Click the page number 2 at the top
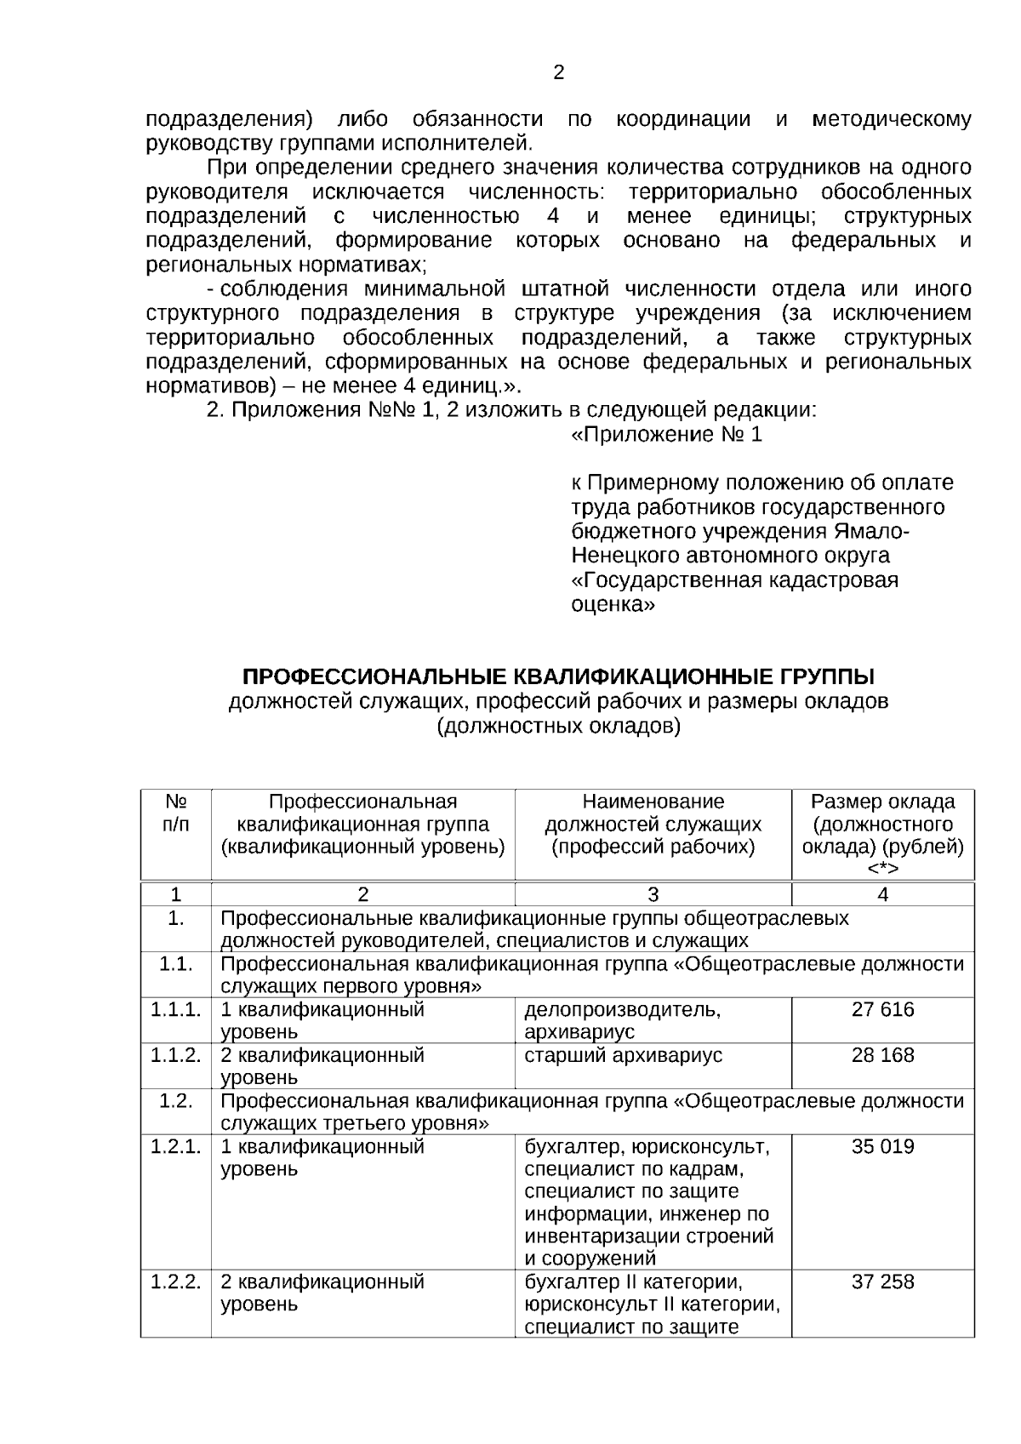click(x=558, y=73)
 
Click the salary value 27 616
click(x=882, y=1009)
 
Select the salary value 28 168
click(x=882, y=1055)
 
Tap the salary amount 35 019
click(x=882, y=1146)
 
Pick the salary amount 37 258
click(x=882, y=1281)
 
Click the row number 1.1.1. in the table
click(x=175, y=1009)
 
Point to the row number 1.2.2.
click(x=175, y=1281)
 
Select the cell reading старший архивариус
click(x=623, y=1055)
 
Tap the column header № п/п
click(x=175, y=813)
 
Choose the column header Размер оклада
click(x=882, y=802)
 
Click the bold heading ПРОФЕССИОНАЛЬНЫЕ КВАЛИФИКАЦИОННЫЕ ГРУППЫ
click(x=558, y=677)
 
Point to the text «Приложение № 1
click(x=666, y=435)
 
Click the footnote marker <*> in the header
click(x=882, y=869)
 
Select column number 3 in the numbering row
click(x=653, y=894)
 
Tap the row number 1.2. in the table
click(x=175, y=1100)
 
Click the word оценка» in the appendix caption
click(x=612, y=605)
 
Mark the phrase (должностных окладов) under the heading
click(x=558, y=727)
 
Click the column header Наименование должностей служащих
click(x=653, y=824)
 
